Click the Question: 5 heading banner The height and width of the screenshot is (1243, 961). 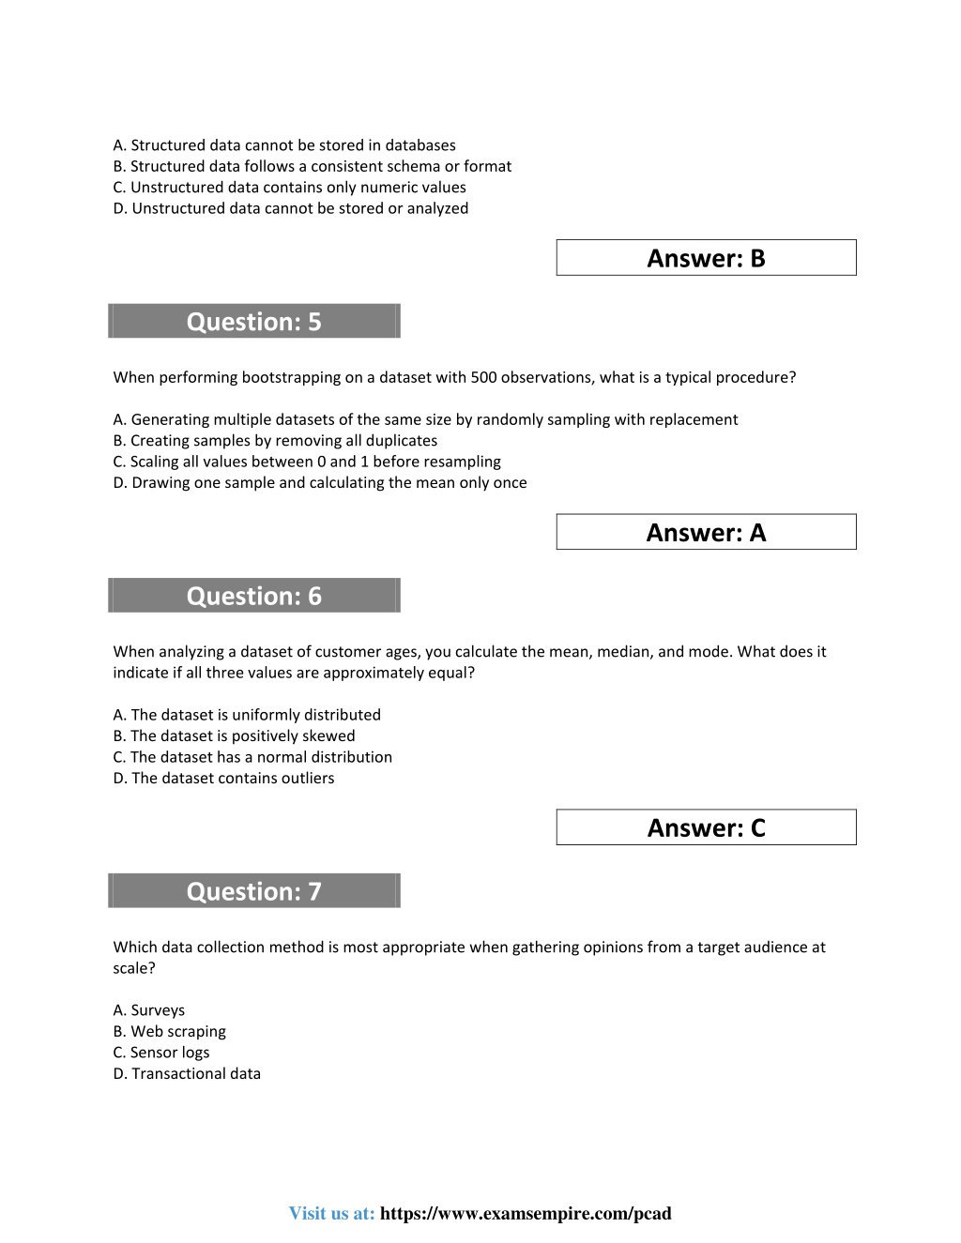(254, 321)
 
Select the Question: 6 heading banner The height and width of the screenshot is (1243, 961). (254, 596)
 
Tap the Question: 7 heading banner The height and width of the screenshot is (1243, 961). (254, 891)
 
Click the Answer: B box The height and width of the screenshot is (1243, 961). (706, 258)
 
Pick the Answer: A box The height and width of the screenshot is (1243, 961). (706, 532)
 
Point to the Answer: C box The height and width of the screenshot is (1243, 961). (706, 827)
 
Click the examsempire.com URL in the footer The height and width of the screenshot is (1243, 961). (526, 1213)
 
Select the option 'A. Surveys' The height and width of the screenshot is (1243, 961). (149, 1010)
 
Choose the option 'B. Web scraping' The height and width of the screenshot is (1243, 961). (170, 1031)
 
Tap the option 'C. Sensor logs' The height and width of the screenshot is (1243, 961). (161, 1053)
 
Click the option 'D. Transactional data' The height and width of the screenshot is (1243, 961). (187, 1073)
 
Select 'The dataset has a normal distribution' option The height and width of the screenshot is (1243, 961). (252, 757)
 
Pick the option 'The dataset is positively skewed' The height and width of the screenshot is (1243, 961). (234, 735)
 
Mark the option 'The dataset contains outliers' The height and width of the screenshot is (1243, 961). (223, 778)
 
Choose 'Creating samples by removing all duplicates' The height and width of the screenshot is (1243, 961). (275, 440)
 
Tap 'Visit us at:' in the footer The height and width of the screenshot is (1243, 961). (331, 1213)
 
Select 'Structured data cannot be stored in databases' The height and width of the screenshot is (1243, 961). (284, 145)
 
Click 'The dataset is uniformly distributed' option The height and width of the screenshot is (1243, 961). (247, 715)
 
